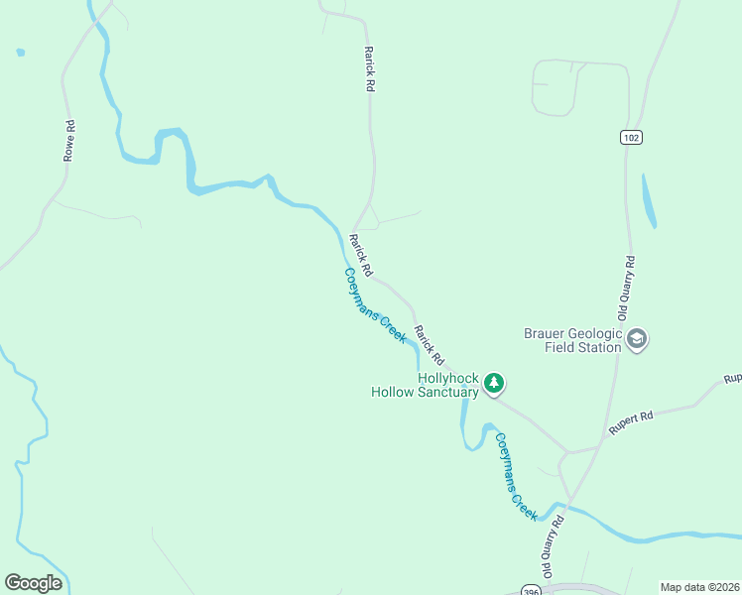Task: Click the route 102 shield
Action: (630, 137)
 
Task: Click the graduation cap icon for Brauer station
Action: (637, 341)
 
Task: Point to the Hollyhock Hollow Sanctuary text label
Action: (425, 385)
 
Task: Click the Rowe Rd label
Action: (69, 142)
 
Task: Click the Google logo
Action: (33, 582)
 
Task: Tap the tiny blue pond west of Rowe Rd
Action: (21, 53)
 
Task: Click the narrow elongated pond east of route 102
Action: (649, 201)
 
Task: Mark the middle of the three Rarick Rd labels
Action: (361, 255)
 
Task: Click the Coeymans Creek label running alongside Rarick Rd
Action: (376, 306)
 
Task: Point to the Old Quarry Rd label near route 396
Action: (553, 546)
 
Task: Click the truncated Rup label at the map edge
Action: (732, 379)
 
